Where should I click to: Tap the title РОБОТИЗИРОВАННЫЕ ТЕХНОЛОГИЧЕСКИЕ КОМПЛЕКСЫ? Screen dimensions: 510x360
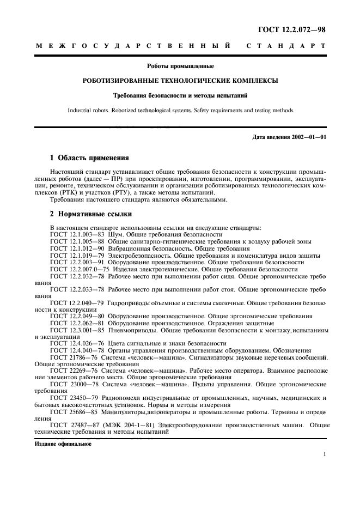pyautogui.click(x=180, y=81)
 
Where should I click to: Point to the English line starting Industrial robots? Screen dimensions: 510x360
pyautogui.click(x=180, y=110)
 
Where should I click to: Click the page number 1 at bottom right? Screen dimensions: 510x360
pyautogui.click(x=324, y=454)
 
